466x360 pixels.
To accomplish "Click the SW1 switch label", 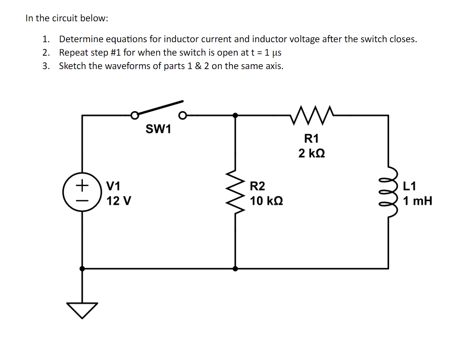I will [158, 129].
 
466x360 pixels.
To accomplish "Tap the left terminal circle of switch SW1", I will [135, 115].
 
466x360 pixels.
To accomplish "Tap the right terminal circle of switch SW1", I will [182, 115].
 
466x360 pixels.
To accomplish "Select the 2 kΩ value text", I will [312, 153].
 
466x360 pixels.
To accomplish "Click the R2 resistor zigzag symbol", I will [235, 191].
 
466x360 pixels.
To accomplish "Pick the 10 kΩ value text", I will [266, 201].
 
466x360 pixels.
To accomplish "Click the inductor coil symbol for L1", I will [388, 192].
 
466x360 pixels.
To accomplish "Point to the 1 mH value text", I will [417, 201].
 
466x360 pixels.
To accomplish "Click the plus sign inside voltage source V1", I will [82, 184].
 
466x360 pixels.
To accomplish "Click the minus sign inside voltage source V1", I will [82, 200].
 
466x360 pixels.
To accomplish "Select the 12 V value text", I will [119, 201].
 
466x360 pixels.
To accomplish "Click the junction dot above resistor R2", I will [235, 115].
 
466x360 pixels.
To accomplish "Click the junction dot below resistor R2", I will [235, 269].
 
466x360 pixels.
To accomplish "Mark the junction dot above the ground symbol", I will [82, 269].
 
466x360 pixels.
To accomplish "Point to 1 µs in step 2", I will [273, 53].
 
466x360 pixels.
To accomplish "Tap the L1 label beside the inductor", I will [409, 186].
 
